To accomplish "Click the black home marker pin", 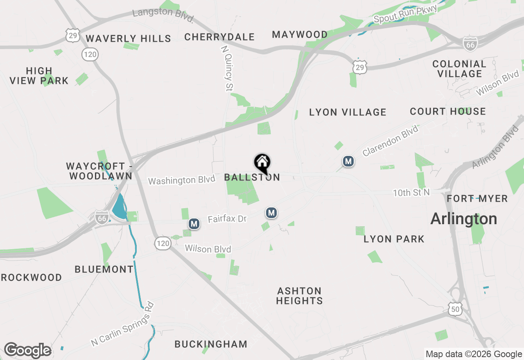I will coord(262,163).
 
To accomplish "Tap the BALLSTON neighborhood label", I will coord(252,178).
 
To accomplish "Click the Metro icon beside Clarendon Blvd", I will coord(348,162).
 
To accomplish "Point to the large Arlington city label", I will coord(464,219).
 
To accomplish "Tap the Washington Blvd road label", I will coord(181,180).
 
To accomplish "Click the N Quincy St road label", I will coord(227,68).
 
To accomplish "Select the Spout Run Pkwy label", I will coord(405,14).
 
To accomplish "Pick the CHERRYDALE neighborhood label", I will coord(219,37).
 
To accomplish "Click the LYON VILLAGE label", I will coord(348,112).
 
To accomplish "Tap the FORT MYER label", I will coord(477,199).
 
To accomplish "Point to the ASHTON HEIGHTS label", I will coord(299,296).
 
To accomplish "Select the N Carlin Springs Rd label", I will coord(122,324).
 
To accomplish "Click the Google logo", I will coord(27,350).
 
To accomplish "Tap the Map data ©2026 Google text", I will coord(474,354).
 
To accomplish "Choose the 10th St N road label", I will coord(411,193).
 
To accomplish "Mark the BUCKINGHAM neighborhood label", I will coord(211,344).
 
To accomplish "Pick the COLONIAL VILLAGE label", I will coord(459,69).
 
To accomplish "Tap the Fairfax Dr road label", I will coord(227,219).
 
